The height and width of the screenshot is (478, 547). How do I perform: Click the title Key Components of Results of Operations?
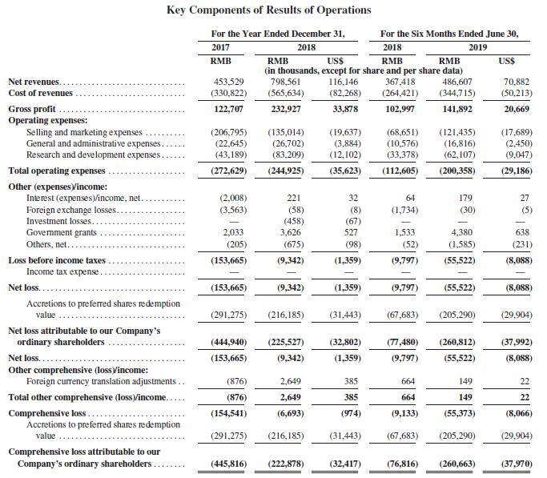pos(268,10)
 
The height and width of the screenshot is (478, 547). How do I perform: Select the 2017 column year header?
pos(219,46)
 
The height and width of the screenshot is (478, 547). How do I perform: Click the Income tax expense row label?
pos(62,271)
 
